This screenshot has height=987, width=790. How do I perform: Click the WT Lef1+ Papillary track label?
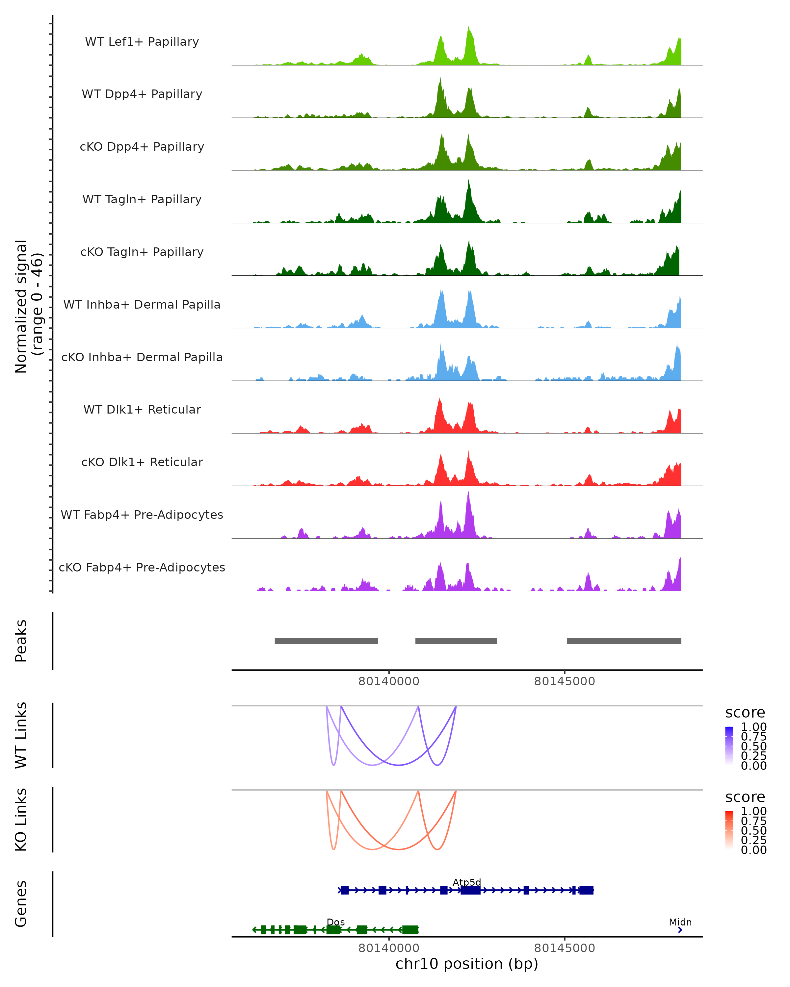(x=142, y=42)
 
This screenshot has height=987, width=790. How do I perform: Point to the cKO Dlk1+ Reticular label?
(x=142, y=462)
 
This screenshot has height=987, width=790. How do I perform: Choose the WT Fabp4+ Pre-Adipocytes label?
(x=142, y=515)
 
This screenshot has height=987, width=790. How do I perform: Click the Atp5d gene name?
(x=467, y=882)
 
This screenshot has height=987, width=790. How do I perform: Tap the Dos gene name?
(x=336, y=922)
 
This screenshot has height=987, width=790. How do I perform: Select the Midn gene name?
(x=680, y=922)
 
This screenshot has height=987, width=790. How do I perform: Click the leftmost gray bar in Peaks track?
(x=326, y=641)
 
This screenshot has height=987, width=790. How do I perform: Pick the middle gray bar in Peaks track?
(x=456, y=641)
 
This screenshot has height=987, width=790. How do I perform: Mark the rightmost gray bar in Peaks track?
(x=624, y=641)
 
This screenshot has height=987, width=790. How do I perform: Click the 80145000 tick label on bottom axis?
(x=564, y=948)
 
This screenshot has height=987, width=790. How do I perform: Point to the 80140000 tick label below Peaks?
(x=389, y=681)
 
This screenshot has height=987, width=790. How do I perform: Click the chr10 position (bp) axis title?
(x=467, y=964)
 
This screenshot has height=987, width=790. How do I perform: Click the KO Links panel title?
(x=21, y=820)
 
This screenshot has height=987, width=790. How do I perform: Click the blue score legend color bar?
(x=729, y=746)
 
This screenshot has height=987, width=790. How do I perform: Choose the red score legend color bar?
(x=729, y=830)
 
